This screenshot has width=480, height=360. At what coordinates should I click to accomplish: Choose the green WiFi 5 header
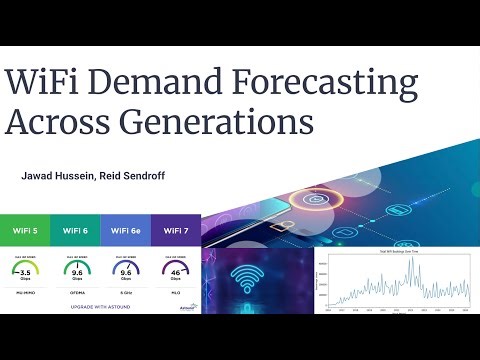pyautogui.click(x=25, y=230)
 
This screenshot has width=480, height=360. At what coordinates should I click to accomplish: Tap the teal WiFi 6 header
pyautogui.click(x=75, y=230)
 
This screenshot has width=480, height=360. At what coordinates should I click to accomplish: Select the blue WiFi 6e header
pyautogui.click(x=125, y=230)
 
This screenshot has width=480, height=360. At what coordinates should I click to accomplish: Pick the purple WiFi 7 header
pyautogui.click(x=175, y=230)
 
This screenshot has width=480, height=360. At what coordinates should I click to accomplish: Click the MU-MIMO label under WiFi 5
pyautogui.click(x=25, y=293)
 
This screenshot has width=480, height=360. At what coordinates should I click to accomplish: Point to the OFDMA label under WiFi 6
pyautogui.click(x=75, y=293)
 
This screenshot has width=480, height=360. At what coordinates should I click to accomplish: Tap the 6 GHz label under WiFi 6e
pyautogui.click(x=125, y=293)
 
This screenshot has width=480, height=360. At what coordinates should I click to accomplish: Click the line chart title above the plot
pyautogui.click(x=392, y=250)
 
